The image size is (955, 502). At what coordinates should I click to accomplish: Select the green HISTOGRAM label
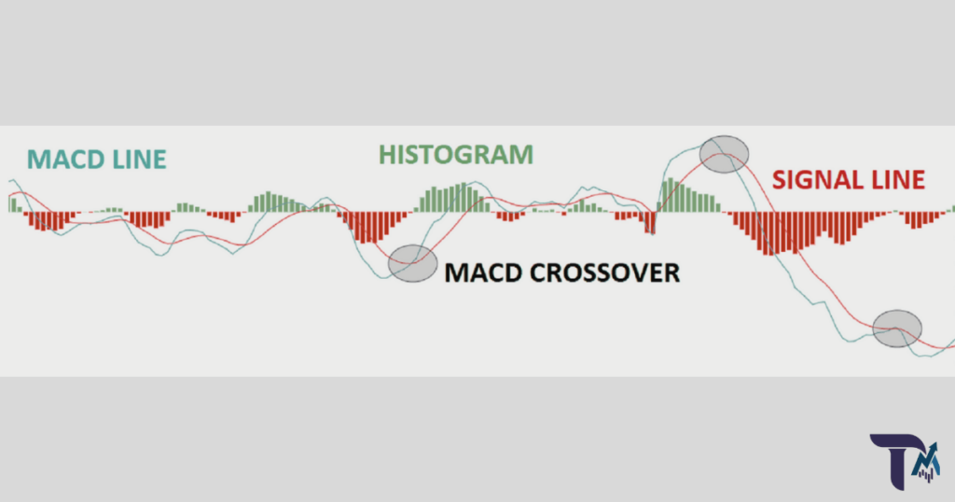[x=455, y=154]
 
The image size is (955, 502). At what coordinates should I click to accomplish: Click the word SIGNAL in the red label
[x=812, y=180]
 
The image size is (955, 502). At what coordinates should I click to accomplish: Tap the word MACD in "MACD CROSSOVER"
[x=479, y=273]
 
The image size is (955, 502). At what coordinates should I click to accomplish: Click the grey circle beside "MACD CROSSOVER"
[x=412, y=263]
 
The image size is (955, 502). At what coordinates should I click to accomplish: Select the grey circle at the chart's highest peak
[x=725, y=153]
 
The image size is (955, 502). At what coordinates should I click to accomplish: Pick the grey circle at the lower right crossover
[x=897, y=328]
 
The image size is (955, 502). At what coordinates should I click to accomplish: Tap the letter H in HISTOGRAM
[x=387, y=154]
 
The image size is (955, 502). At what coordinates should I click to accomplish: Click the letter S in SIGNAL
[x=780, y=180]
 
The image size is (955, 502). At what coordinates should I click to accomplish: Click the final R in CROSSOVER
[x=671, y=273]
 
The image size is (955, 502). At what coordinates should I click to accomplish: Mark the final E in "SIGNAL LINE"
[x=918, y=180]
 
